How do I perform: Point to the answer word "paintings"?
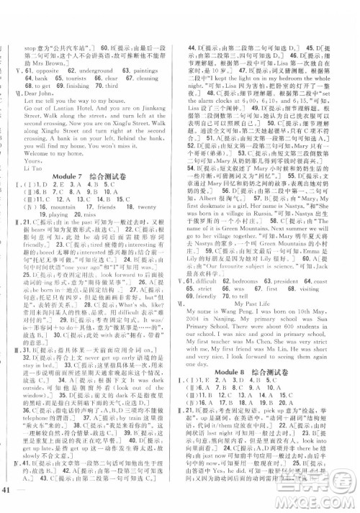[152, 71]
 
